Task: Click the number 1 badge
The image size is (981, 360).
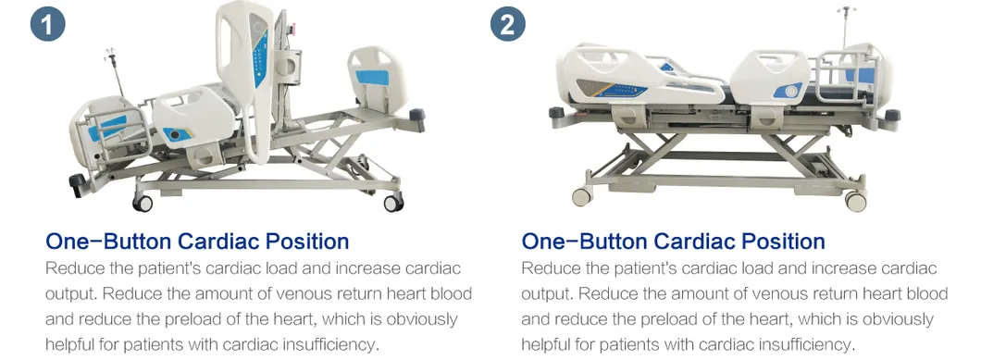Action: coord(47,24)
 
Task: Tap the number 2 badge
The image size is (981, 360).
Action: coord(507,24)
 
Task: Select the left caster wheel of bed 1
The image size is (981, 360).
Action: coord(143,203)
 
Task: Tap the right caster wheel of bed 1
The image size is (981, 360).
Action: coord(393,203)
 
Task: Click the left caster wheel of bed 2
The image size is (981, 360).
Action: coord(582,196)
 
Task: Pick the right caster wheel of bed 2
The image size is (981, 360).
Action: coord(855,201)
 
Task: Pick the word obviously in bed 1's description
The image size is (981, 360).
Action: coord(422,319)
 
